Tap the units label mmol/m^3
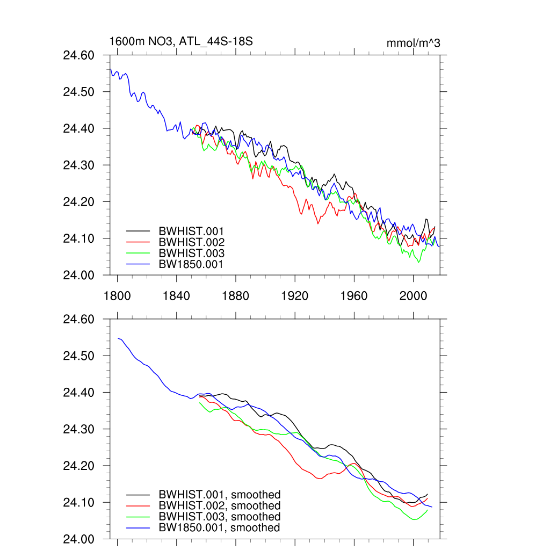[x=413, y=43]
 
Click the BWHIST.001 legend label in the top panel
[x=191, y=231]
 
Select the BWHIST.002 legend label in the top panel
[x=191, y=242]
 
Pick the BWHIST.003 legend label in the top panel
[x=191, y=253]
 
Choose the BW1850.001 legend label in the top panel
[x=191, y=264]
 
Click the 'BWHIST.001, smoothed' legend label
[x=220, y=495]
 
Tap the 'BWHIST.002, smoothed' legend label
[x=220, y=506]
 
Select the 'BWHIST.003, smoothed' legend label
[x=220, y=517]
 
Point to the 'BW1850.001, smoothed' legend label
[x=219, y=527]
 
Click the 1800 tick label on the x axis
[x=117, y=295]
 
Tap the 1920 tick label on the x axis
[x=295, y=295]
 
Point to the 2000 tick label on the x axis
[x=413, y=295]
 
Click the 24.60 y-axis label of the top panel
[x=78, y=55]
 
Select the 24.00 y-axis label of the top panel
[x=78, y=275]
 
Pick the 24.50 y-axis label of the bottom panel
[x=78, y=356]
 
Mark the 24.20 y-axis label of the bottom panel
[x=78, y=466]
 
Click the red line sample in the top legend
[x=137, y=242]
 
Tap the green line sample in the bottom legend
[x=137, y=517]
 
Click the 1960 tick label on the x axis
[x=354, y=295]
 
